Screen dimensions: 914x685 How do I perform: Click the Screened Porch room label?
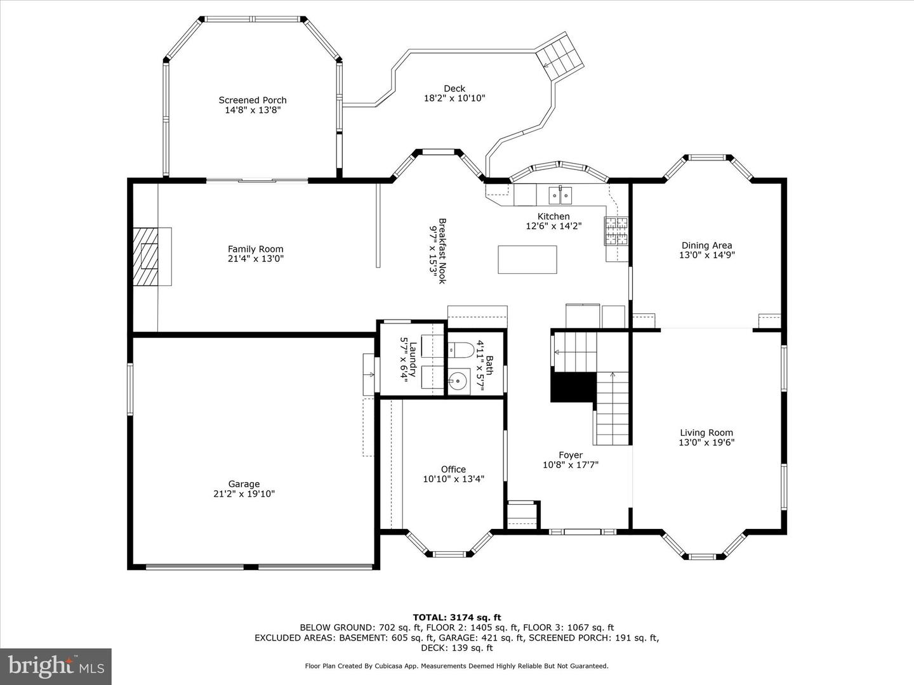253,100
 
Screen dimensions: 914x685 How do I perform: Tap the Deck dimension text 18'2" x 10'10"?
454,98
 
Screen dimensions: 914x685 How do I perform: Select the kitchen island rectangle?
527,259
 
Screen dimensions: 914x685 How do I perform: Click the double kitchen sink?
560,195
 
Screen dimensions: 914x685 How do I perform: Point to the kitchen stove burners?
616,231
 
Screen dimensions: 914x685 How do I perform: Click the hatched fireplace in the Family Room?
146,257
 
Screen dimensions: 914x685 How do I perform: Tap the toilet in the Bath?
460,350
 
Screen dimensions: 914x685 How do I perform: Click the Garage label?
244,484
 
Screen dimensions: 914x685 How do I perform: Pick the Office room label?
453,469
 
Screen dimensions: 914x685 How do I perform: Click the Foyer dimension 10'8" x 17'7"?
571,464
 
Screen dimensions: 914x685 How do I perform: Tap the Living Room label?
706,433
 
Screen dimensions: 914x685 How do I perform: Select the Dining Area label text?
706,245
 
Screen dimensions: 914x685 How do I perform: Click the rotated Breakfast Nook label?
442,251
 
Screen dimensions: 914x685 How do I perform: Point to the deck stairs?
560,56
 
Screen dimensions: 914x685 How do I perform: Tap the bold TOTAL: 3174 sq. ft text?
457,617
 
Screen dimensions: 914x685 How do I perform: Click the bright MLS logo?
56,667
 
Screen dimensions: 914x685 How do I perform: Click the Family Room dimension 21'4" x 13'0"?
256,259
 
